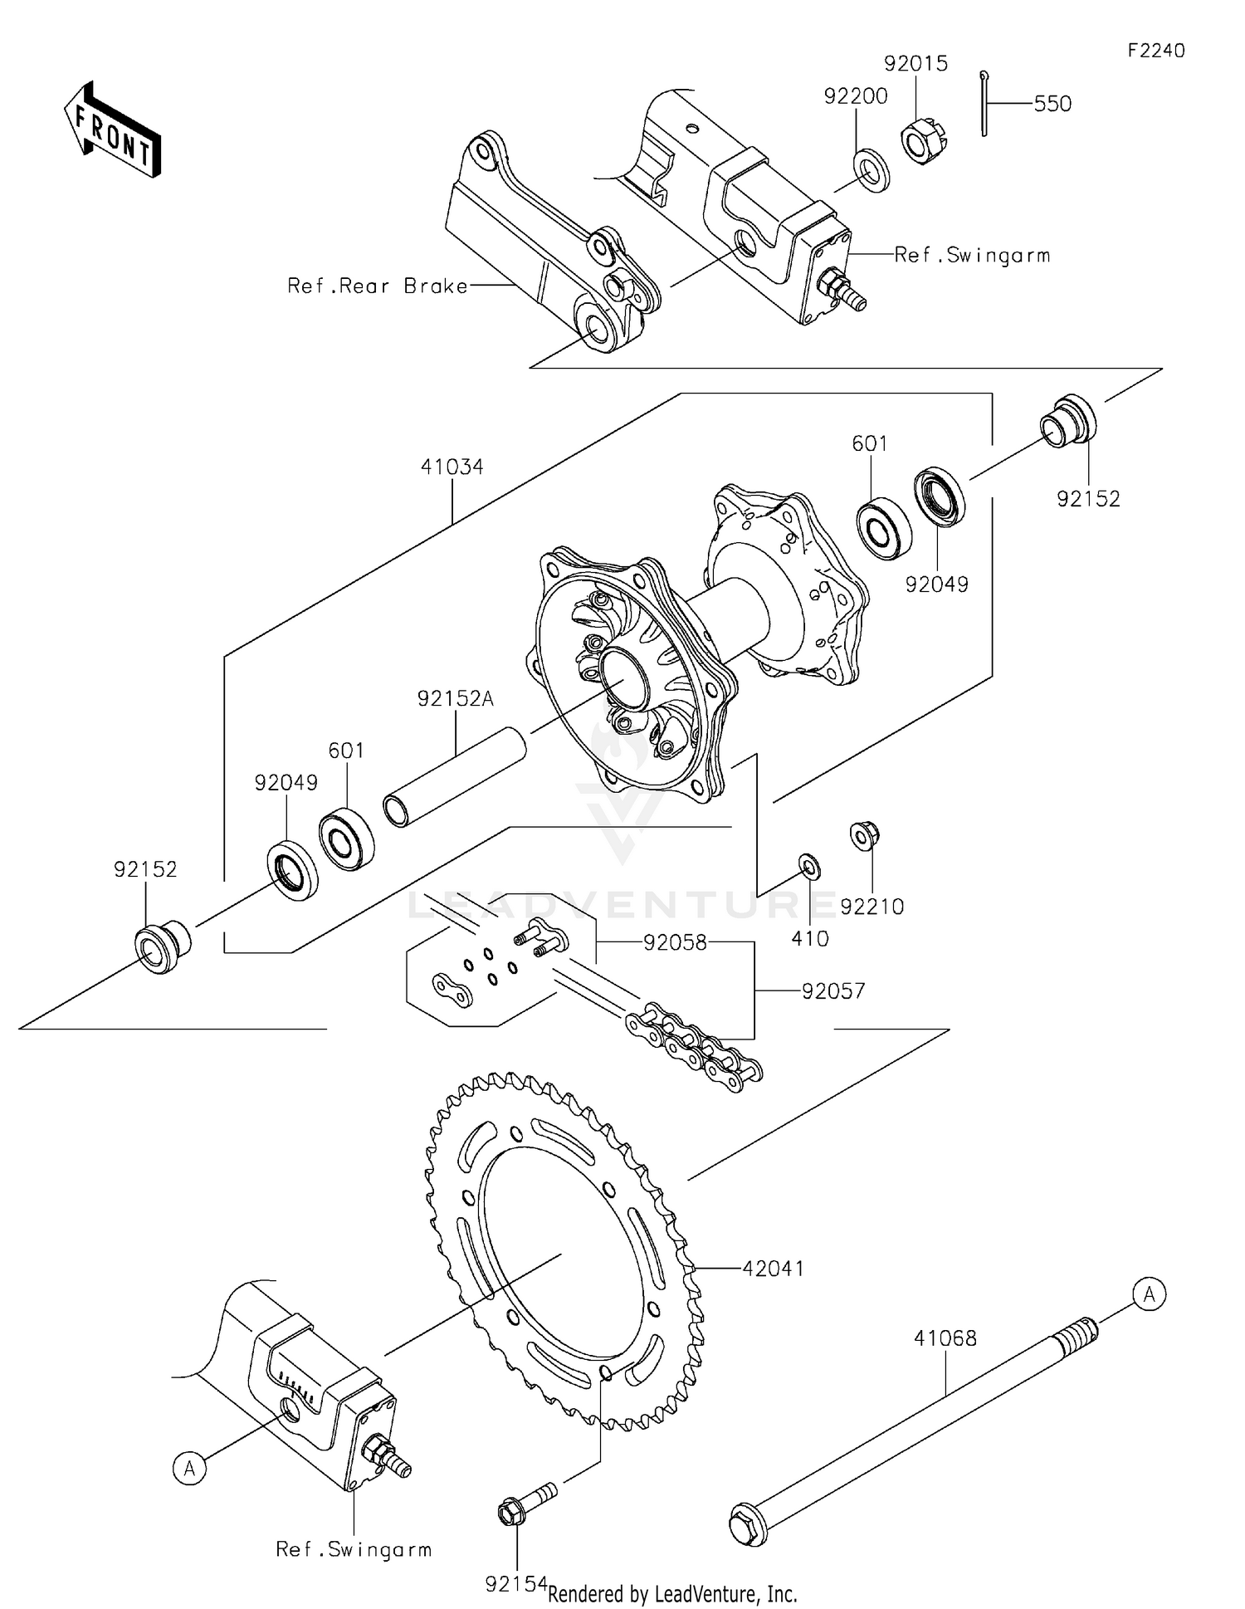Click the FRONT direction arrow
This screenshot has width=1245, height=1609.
pos(112,131)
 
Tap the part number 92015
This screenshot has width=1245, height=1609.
pos(915,64)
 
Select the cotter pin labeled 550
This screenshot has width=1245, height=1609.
pos(984,103)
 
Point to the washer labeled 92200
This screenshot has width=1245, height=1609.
pos(870,170)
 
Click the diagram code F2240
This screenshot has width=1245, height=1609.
pos(1155,51)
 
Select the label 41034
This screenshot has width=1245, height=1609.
pos(452,467)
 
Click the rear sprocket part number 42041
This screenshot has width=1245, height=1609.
pos(773,1269)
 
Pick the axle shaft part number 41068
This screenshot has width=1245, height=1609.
pos(945,1338)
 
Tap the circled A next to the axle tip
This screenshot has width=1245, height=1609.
pos(1149,1294)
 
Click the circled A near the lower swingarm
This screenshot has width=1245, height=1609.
pos(189,1468)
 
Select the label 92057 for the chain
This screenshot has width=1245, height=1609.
pos(833,990)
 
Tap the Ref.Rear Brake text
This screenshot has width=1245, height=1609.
pos(378,286)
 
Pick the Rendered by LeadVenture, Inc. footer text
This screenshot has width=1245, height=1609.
pos(672,1594)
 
